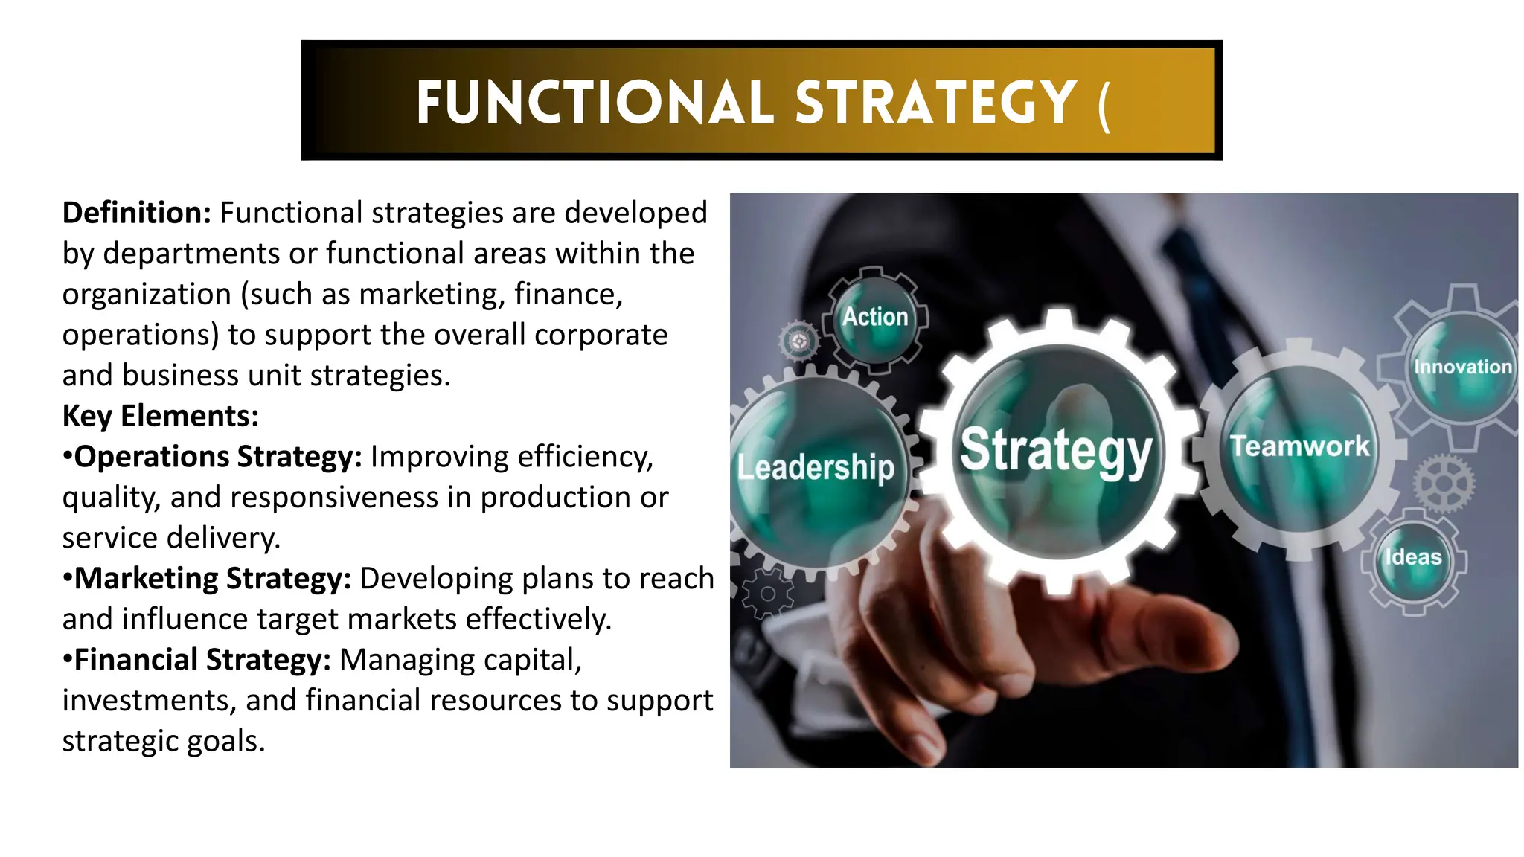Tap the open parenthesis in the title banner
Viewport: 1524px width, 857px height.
(x=1104, y=106)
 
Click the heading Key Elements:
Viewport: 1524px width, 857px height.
(x=160, y=416)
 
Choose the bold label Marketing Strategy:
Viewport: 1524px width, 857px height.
(x=212, y=579)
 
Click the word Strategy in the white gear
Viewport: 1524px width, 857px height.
(x=1056, y=451)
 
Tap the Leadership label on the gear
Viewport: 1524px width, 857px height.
(x=816, y=468)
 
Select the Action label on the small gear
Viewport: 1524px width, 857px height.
(x=875, y=317)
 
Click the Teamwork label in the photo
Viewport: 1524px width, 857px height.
(x=1299, y=446)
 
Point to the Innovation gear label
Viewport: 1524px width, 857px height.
(x=1463, y=367)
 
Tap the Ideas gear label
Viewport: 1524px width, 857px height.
(x=1413, y=557)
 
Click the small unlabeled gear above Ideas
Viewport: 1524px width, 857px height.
(x=1443, y=484)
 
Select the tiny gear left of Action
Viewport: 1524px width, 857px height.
(x=798, y=341)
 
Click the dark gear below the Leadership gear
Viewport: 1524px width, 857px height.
(x=766, y=594)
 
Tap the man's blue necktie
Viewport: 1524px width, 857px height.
(x=1220, y=298)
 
